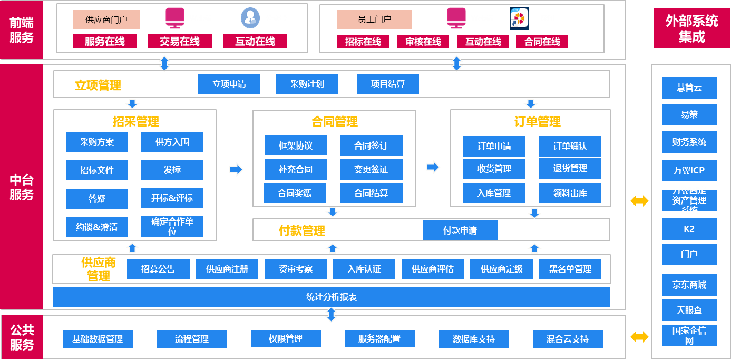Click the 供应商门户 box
[x=106, y=20]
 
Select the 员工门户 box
[x=374, y=20]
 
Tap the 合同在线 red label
[x=542, y=42]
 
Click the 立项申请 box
[x=229, y=84]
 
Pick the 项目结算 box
[x=387, y=84]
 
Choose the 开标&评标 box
[x=172, y=198]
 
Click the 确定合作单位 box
[x=172, y=226]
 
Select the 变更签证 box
[x=371, y=169]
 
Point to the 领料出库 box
[x=570, y=193]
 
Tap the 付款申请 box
[x=460, y=230]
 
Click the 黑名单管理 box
[x=570, y=269]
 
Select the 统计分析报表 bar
[x=331, y=297]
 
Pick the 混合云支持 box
[x=567, y=339]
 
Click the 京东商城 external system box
[x=689, y=285]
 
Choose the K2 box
[x=689, y=229]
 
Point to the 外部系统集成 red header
[x=691, y=28]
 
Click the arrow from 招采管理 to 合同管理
[x=236, y=169]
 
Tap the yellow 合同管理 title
[x=334, y=122]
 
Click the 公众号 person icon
[x=250, y=18]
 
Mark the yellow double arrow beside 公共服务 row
[x=639, y=337]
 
